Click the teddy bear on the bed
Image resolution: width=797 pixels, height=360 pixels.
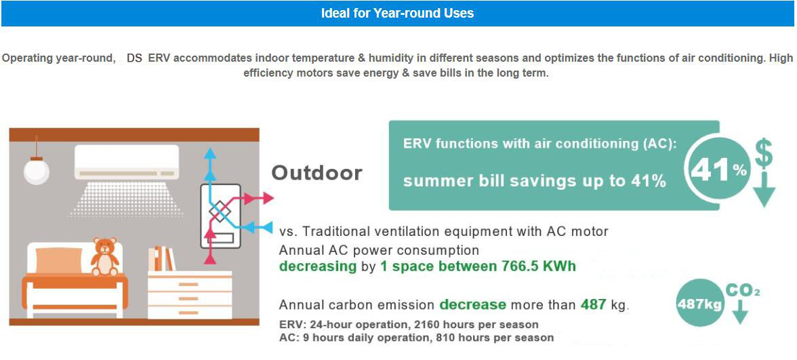(104, 257)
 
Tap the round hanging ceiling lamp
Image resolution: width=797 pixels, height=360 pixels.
(37, 171)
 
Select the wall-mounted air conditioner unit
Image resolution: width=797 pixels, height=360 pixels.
(127, 162)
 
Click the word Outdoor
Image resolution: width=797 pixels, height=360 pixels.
(316, 173)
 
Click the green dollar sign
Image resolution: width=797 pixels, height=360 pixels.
(764, 153)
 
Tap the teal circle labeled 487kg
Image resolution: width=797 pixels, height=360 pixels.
(699, 304)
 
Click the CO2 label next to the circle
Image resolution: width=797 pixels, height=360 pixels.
(743, 291)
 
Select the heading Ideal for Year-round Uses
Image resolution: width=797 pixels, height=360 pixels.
(397, 14)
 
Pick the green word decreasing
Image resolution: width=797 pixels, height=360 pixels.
(318, 267)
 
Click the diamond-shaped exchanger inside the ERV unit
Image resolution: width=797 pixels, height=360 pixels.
(220, 212)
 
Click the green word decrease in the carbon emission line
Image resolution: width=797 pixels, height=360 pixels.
(473, 305)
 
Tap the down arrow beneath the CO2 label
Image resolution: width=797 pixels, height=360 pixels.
(741, 311)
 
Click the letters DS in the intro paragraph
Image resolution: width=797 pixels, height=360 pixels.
(135, 58)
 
